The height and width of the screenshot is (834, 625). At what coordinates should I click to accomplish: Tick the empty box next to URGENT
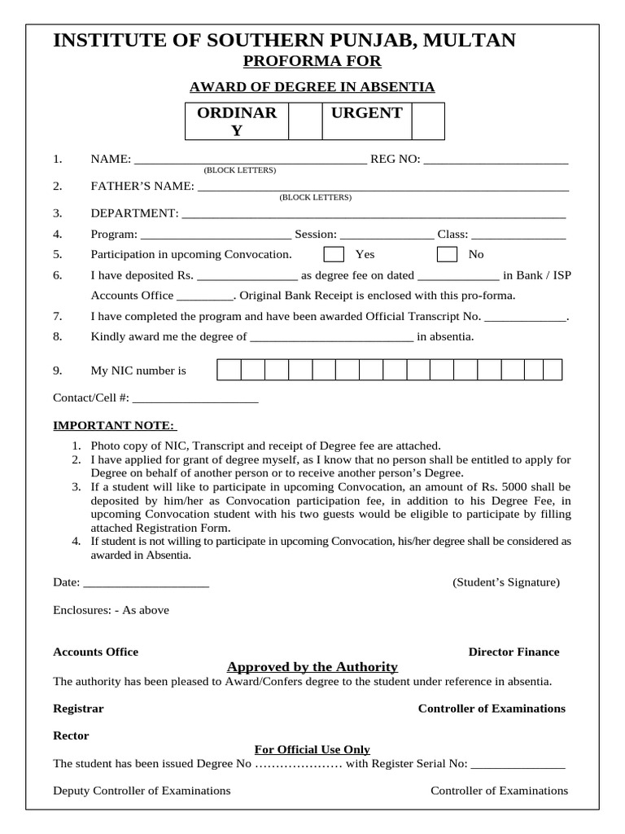(x=428, y=121)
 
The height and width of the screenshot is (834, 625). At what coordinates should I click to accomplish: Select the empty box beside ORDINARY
(x=305, y=121)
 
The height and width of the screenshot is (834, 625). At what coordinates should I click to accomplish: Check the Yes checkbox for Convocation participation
(x=334, y=254)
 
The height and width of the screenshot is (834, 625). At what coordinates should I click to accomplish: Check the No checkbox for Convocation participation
(x=447, y=254)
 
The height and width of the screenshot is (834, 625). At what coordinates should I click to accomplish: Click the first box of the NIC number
(x=229, y=371)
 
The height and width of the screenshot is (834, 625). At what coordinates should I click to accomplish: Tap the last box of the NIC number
(x=553, y=371)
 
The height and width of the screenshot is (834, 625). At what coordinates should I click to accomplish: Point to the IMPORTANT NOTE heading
(x=114, y=425)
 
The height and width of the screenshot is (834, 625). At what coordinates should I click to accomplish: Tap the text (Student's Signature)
(x=505, y=582)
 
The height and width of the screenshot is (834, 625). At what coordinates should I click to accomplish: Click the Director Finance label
(x=514, y=652)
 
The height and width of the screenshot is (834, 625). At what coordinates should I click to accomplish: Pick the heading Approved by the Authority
(x=312, y=666)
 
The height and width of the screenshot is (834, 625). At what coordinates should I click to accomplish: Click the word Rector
(x=71, y=735)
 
